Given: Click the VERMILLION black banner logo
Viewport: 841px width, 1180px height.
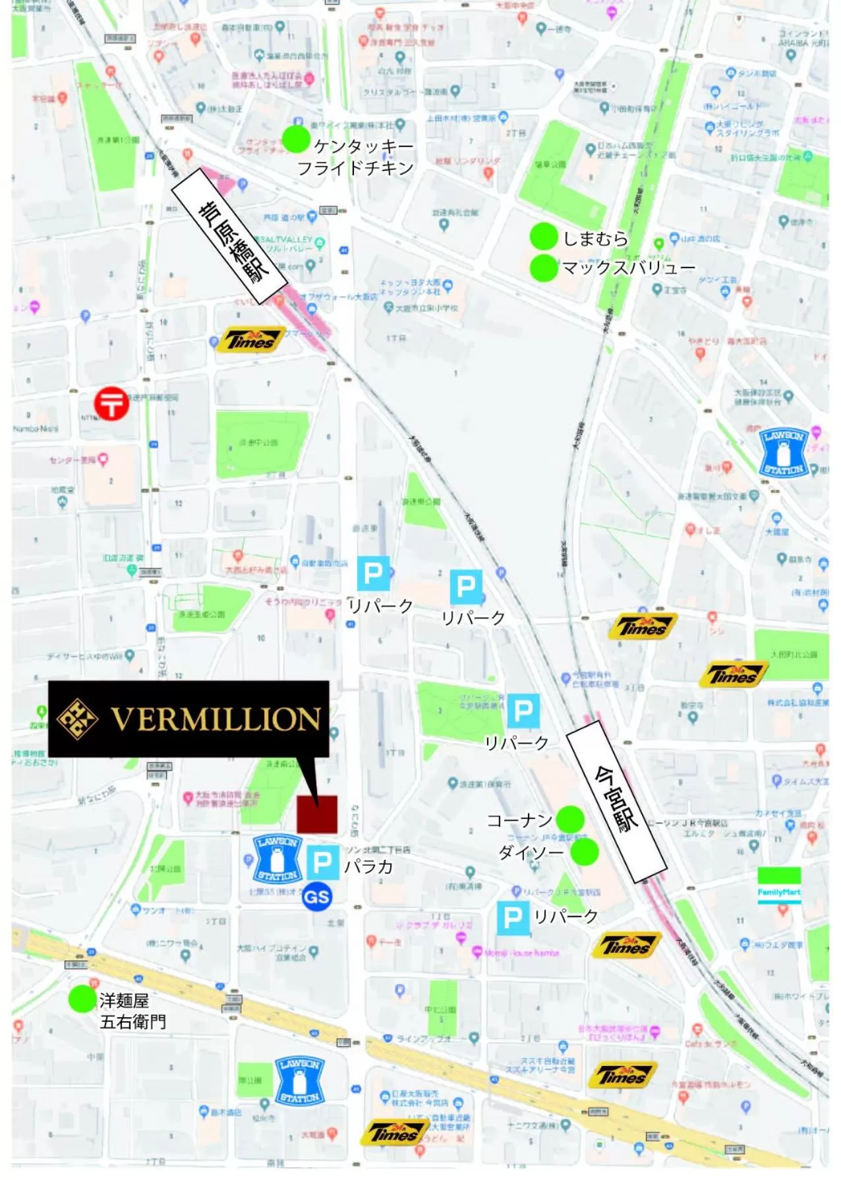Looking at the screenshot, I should click(x=188, y=719).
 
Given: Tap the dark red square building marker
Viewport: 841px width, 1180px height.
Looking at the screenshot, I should click(x=317, y=814).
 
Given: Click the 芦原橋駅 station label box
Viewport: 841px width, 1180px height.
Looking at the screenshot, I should click(x=230, y=236).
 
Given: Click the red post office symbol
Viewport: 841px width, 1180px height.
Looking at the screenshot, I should click(x=111, y=403).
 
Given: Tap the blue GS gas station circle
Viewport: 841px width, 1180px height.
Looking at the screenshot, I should click(x=316, y=897).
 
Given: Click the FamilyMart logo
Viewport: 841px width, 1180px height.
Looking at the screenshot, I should click(x=779, y=885).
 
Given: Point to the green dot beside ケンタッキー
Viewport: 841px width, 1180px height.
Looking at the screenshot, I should click(x=296, y=138).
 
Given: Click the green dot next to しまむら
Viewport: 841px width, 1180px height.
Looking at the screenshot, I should click(x=544, y=236).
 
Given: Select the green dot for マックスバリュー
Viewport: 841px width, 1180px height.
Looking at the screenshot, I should click(x=544, y=268).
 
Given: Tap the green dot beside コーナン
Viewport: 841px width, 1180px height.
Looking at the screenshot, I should click(x=570, y=819).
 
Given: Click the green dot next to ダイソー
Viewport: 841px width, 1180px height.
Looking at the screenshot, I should click(x=584, y=852).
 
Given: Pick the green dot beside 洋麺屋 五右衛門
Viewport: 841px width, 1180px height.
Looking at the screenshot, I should click(x=82, y=999).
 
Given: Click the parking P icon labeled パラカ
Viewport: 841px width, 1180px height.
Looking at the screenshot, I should click(x=323, y=862).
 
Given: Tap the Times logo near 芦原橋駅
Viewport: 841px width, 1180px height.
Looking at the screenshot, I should click(x=251, y=340).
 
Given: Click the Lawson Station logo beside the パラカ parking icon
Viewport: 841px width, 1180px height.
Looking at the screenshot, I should click(x=277, y=859).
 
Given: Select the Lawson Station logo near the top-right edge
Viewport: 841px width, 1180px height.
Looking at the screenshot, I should click(x=784, y=452).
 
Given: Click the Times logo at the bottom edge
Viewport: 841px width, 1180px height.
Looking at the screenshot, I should click(x=393, y=1133).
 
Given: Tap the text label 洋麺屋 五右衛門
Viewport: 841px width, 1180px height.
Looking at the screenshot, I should click(x=132, y=1011).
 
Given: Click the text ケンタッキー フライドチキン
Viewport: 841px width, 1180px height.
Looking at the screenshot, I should click(x=356, y=157).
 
